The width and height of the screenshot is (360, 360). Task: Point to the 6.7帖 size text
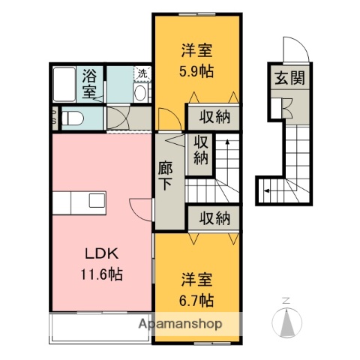[197, 300]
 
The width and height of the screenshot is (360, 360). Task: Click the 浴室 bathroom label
[90, 83]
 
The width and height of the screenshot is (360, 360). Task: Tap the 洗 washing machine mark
[142, 73]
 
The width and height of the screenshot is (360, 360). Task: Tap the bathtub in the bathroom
[65, 84]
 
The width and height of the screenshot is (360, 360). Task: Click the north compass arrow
[286, 322]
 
